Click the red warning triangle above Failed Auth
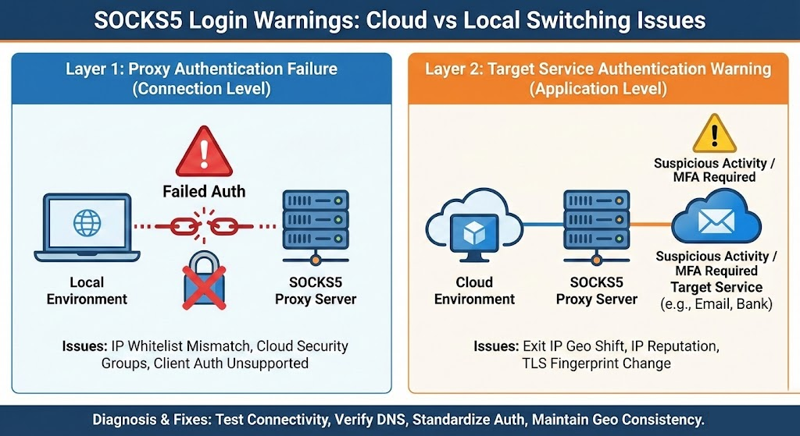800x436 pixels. coord(204,152)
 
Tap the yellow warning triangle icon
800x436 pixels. coord(714,134)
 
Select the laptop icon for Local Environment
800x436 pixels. coord(87,228)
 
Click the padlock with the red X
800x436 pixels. coord(204,281)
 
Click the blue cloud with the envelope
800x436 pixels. coord(716,217)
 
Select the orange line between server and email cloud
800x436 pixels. coord(651,225)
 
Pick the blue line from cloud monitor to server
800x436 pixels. coord(543,225)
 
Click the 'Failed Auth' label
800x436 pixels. coord(204,192)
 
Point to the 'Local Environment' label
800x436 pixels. coord(87,290)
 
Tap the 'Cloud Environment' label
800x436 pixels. coord(474,290)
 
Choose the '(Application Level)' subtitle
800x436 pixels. coord(598,89)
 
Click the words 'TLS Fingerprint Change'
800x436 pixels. coord(596,363)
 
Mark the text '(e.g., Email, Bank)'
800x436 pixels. coord(716,304)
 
